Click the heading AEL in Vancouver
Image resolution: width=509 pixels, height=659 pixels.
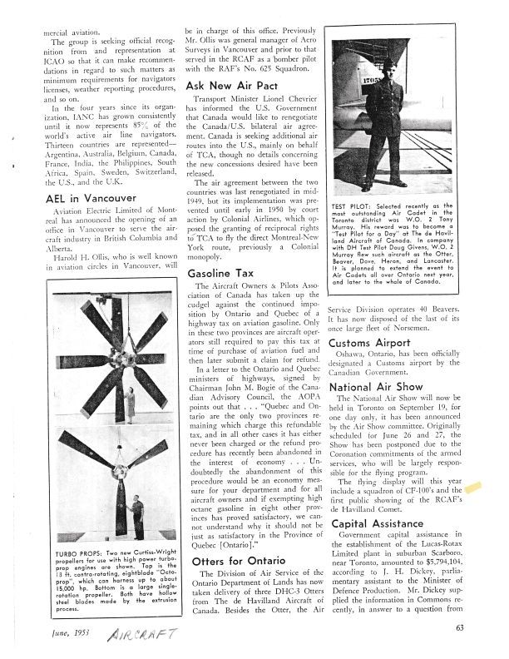tap(91, 199)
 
